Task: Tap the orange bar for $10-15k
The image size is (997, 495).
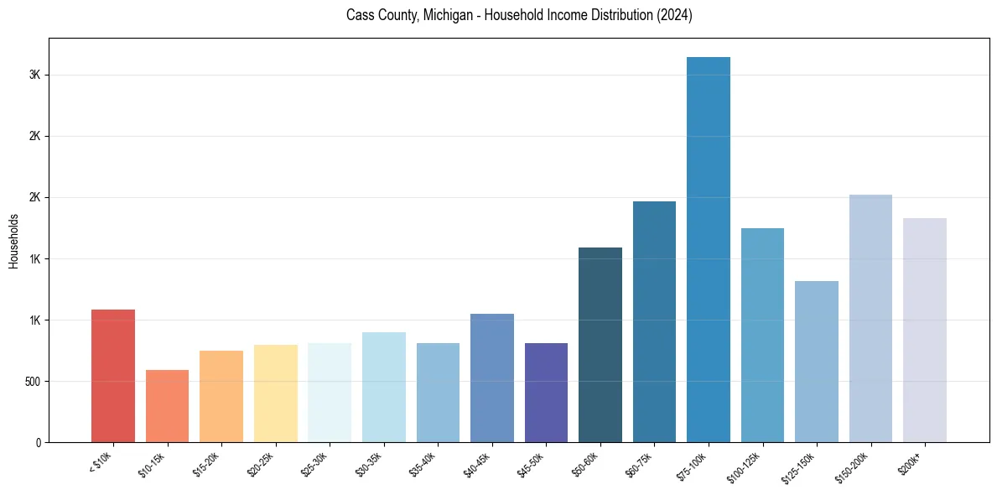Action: [167, 406]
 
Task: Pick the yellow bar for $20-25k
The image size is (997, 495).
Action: [275, 393]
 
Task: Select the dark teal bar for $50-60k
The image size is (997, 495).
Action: [600, 345]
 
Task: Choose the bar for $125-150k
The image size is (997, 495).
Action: [816, 362]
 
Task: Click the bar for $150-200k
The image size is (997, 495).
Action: [870, 318]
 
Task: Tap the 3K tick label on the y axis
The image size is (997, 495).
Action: [34, 75]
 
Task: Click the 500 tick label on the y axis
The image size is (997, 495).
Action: [32, 382]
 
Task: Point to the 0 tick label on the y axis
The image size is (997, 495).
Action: [39, 443]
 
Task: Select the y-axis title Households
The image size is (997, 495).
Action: [13, 240]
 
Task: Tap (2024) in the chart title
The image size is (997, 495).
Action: [676, 16]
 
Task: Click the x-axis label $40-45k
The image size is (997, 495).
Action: [476, 464]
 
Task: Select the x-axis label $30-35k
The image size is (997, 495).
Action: [368, 464]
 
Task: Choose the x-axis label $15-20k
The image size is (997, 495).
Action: [205, 464]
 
